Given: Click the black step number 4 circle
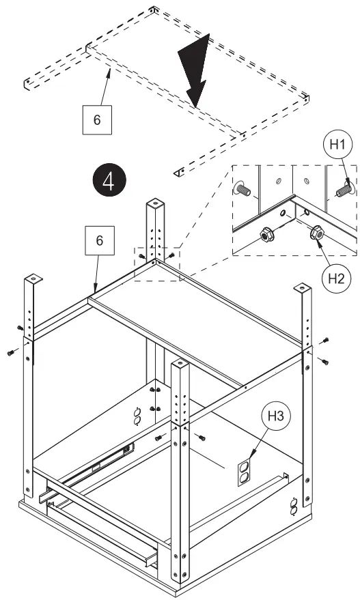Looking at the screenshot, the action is coord(109,180).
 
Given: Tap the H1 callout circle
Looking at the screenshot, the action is coord(337,145).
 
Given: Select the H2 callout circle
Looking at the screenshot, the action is coord(336,278).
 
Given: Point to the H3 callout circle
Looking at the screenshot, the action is coord(275,416).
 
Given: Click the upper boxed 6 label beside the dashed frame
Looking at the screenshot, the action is coord(97,119).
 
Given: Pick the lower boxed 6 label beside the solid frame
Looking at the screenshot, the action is coord(100,240).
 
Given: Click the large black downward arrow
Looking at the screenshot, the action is coord(195,70).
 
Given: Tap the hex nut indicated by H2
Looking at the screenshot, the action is coord(317,232).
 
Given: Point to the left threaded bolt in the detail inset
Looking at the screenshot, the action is coord(243,188).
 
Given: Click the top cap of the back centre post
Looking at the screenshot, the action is coord(155,201).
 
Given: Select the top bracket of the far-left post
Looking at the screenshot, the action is coord(33,277).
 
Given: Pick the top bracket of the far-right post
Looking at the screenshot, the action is coord(303,287).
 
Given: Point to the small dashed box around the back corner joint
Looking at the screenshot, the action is coord(157,264).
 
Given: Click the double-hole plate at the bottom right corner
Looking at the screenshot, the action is coord(294,506).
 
